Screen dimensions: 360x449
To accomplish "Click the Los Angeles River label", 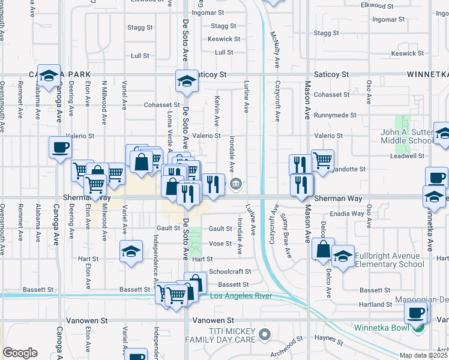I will [x=240, y=296].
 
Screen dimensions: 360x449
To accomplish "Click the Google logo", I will [x=19, y=353].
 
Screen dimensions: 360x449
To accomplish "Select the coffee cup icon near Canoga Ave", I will [x=60, y=148].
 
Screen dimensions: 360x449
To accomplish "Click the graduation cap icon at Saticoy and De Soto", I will [x=187, y=82].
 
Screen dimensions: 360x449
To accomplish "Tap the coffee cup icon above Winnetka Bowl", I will [x=416, y=312].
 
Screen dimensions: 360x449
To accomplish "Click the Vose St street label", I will [x=220, y=244].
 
